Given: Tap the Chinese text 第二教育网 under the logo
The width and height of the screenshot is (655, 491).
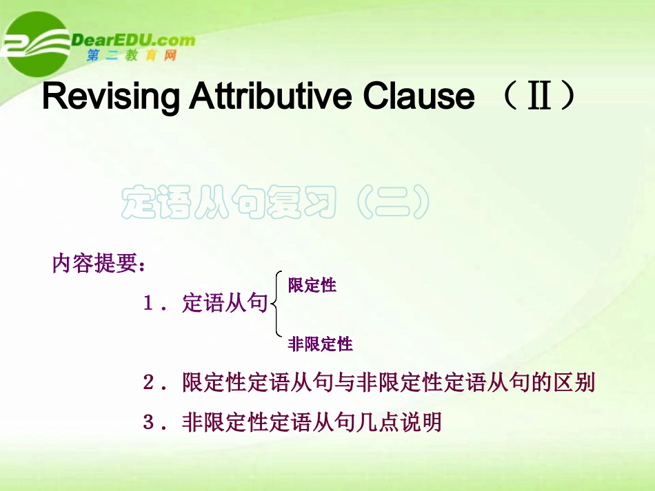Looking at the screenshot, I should point(132,56).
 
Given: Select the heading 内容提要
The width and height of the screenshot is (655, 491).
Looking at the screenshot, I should point(94,264).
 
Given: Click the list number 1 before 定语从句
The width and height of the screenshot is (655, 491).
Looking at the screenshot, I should point(148,304).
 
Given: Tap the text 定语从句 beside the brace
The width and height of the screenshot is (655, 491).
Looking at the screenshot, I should point(225,304).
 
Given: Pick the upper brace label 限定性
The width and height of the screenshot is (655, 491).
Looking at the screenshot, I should point(312,284).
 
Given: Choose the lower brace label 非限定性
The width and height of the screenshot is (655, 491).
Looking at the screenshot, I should point(320,344).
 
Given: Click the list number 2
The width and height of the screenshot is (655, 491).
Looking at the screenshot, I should point(148,383).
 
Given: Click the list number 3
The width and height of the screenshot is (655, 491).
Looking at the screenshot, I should point(148,421).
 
